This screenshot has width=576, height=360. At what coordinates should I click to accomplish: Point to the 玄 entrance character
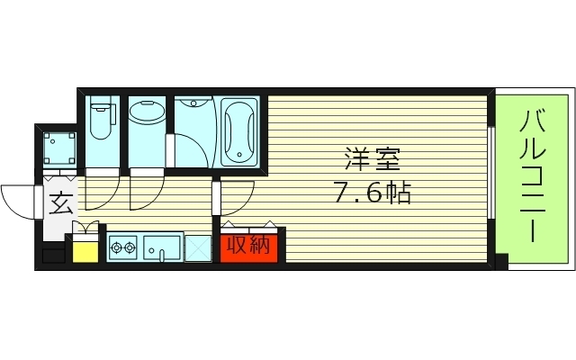(x=60, y=205)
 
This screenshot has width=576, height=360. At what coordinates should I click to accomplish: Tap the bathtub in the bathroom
(x=238, y=132)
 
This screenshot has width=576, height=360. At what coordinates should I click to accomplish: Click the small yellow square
(x=85, y=249)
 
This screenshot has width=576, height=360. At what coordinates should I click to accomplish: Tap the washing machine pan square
(x=58, y=144)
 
